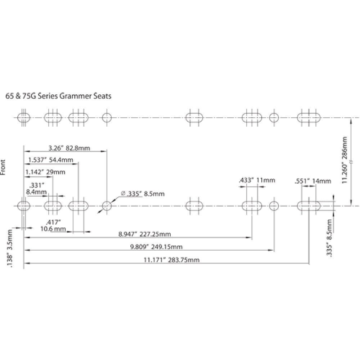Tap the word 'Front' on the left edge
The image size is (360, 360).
(x=3, y=167)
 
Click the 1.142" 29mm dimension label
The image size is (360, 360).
(x=45, y=172)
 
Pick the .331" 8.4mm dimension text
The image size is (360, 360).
(x=36, y=189)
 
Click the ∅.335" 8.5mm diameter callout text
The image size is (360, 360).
(x=142, y=194)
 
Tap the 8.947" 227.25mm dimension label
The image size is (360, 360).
(x=144, y=234)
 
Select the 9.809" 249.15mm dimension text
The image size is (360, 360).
(x=156, y=247)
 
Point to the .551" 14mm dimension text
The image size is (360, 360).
(x=312, y=181)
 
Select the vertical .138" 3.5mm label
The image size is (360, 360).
(x=10, y=248)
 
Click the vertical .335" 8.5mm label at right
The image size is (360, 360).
(x=329, y=237)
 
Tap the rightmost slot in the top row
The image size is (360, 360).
(x=309, y=117)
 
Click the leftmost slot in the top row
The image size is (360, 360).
(x=24, y=117)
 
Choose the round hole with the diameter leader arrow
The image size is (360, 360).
(x=107, y=206)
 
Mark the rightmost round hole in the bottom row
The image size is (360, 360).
(x=274, y=206)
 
